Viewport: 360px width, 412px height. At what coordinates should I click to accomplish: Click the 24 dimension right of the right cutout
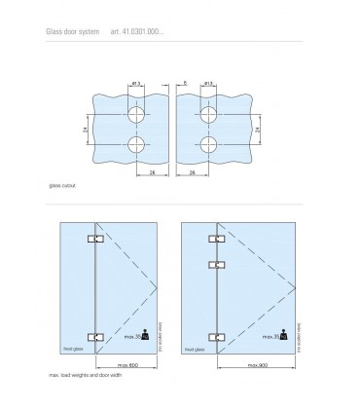pyautogui.click(x=255, y=131)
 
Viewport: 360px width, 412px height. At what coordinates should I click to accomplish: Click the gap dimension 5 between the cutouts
pyautogui.click(x=185, y=85)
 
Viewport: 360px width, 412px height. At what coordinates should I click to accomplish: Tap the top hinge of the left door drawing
pyautogui.click(x=95, y=240)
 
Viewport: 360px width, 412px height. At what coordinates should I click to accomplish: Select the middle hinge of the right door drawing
pyautogui.click(x=216, y=263)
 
